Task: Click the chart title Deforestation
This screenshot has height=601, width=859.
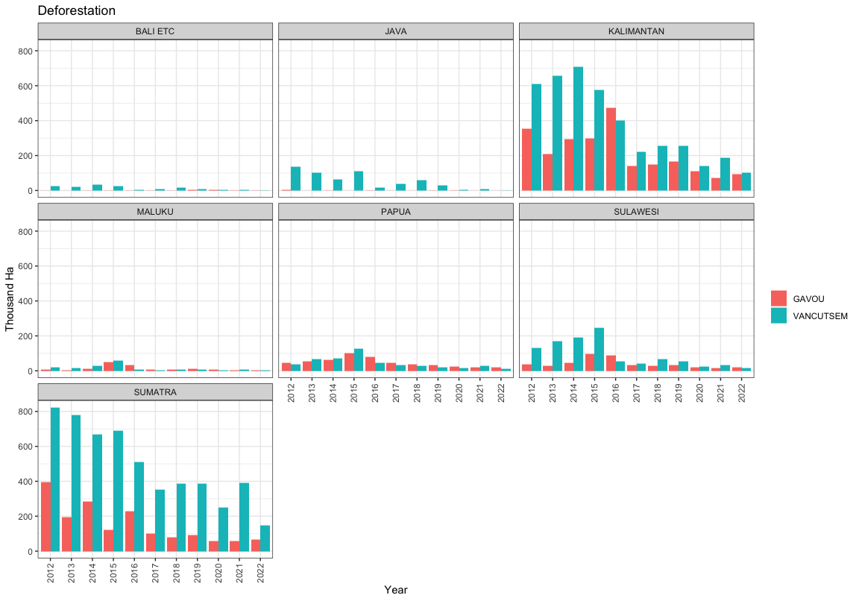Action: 77,10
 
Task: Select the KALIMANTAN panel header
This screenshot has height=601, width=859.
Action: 636,31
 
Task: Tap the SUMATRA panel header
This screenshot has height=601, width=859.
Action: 155,392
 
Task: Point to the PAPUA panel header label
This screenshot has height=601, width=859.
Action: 395,212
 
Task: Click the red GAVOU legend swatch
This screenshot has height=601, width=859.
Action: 778,298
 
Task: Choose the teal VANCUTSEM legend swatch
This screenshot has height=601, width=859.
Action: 778,315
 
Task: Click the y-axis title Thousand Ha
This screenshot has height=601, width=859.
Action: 10,300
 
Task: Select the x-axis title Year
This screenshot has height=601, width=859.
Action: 395,590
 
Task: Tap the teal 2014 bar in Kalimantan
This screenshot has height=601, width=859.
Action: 578,129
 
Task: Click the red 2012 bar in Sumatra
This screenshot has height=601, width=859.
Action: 45,517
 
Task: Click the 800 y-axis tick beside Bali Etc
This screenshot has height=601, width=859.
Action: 25,51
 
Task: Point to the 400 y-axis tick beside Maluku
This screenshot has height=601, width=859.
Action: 25,301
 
